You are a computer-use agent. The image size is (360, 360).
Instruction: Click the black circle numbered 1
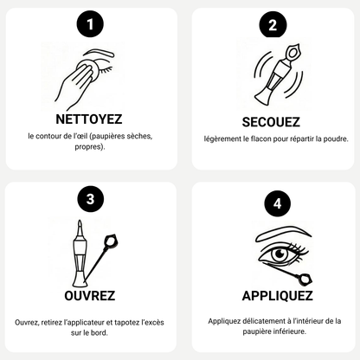click(90, 24)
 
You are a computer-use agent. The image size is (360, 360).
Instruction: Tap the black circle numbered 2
click(273, 25)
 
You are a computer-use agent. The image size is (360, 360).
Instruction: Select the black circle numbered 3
click(90, 199)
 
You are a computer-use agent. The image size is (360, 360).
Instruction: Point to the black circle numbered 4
click(277, 203)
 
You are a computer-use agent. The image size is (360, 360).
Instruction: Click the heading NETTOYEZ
click(89, 119)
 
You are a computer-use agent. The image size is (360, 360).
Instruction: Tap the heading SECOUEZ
click(271, 122)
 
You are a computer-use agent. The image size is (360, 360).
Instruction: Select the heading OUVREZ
click(90, 296)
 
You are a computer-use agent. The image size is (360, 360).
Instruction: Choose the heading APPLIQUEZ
click(278, 296)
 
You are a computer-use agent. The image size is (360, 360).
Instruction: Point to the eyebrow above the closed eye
click(101, 53)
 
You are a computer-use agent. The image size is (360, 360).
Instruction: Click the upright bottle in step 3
click(80, 254)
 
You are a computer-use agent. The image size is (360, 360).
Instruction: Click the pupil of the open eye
click(280, 254)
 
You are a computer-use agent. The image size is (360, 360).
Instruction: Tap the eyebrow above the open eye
click(283, 234)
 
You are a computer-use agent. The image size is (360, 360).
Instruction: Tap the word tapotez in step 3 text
click(126, 322)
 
